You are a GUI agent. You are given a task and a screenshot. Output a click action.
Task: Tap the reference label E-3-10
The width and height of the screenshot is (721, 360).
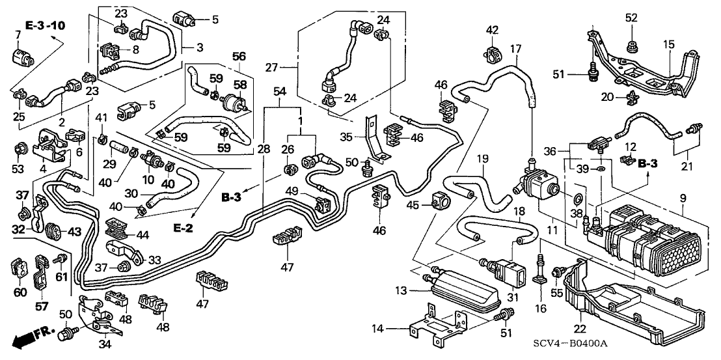pos(46,25)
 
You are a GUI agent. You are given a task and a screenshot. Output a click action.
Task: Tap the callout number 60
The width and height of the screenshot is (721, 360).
pos(20,292)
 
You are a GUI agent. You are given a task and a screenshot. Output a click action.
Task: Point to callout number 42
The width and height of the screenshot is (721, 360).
pos(492,29)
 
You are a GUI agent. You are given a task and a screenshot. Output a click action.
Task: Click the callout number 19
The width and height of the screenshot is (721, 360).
pos(482,158)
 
